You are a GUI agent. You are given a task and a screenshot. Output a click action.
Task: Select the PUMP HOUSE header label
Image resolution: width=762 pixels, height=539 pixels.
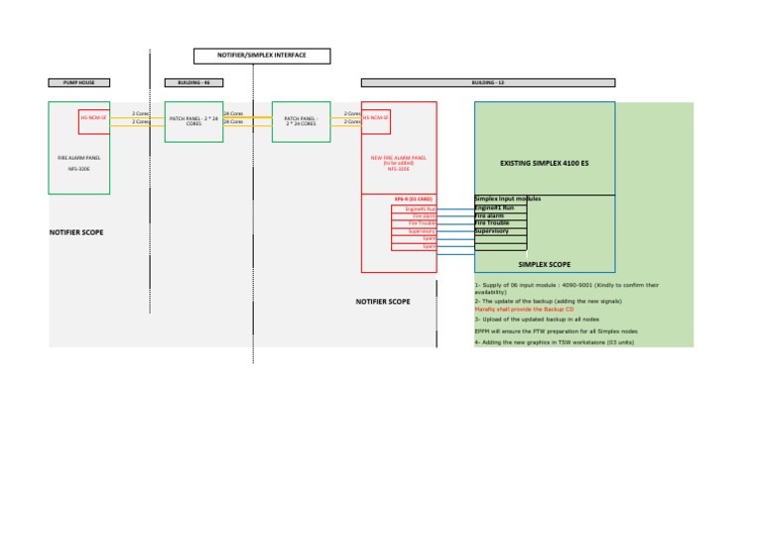tap(79, 82)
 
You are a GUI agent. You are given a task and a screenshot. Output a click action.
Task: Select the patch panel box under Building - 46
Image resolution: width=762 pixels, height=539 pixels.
tap(193, 121)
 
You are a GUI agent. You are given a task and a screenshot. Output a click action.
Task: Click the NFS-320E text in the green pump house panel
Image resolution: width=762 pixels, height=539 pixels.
tap(78, 170)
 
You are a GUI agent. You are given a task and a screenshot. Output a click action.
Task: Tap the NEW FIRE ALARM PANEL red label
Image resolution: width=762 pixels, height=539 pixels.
tap(398, 160)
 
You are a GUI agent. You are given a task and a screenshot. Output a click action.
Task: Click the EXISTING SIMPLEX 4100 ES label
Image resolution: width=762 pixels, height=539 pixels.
tap(544, 162)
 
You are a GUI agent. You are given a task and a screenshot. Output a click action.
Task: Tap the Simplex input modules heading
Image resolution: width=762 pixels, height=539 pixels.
tap(507, 200)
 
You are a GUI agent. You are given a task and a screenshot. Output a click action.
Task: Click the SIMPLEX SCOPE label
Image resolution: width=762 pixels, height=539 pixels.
tap(544, 265)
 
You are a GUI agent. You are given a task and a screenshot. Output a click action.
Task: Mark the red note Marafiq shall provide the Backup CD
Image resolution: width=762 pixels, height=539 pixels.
tap(524, 309)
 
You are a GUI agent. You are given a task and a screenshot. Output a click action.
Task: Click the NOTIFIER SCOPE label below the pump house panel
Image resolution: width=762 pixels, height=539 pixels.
tap(76, 232)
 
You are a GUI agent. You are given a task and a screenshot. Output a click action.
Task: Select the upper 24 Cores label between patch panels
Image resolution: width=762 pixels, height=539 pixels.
tap(234, 113)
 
